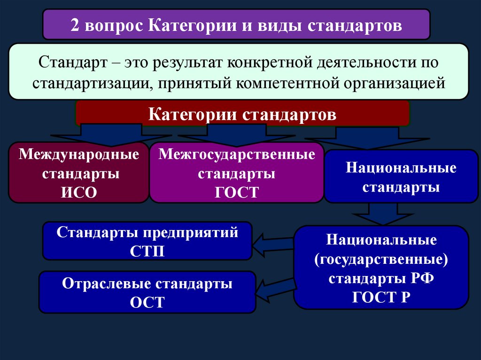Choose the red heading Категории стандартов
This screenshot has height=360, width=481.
pos(242,115)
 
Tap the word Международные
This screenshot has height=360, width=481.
pos(79,154)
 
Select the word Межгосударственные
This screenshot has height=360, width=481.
pos(237,154)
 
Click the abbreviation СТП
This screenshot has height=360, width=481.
pos(147,251)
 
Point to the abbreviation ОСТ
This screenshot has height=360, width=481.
pos(147,302)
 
